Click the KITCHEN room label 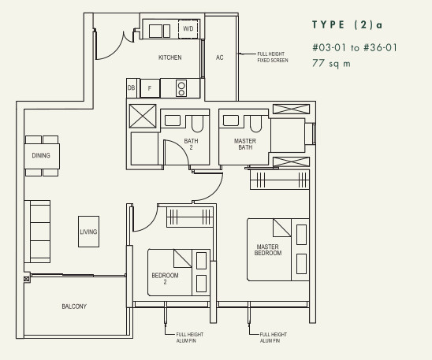point(169,58)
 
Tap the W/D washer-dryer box point(188,28)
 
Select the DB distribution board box point(132,87)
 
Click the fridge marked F point(150,88)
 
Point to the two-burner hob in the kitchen point(181,88)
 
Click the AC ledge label point(220,58)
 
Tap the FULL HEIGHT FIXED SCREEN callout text point(273,57)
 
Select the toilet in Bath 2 point(197,124)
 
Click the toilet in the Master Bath point(255,124)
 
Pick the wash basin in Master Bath point(231,121)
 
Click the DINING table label point(41,155)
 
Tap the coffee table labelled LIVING point(89,232)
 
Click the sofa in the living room point(37,232)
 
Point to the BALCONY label point(74,306)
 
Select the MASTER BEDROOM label point(268,250)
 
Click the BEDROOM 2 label point(165,278)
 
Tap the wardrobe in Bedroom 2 point(190,217)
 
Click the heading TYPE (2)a point(348,24)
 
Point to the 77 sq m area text point(331,63)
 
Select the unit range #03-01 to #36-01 point(355,47)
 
